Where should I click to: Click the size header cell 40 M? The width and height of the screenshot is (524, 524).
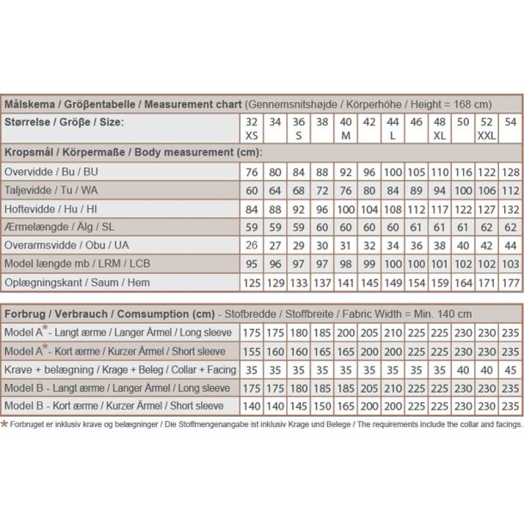(345, 128)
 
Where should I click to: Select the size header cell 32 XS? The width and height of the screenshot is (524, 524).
(251, 128)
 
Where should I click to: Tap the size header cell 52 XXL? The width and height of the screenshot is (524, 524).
(486, 128)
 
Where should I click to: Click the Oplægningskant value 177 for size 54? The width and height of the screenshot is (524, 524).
(510, 282)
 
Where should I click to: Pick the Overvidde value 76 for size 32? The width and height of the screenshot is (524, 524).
(251, 172)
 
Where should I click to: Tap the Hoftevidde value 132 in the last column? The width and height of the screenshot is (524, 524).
(510, 209)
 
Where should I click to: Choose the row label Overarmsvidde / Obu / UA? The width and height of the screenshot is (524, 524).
(68, 246)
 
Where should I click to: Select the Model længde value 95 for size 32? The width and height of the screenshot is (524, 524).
(251, 264)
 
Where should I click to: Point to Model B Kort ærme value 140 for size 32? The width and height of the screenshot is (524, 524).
(251, 406)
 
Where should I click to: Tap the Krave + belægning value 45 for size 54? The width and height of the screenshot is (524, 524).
(510, 370)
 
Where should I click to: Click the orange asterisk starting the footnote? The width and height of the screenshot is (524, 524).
(4, 423)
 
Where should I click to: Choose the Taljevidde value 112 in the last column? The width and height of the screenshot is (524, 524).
(510, 190)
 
